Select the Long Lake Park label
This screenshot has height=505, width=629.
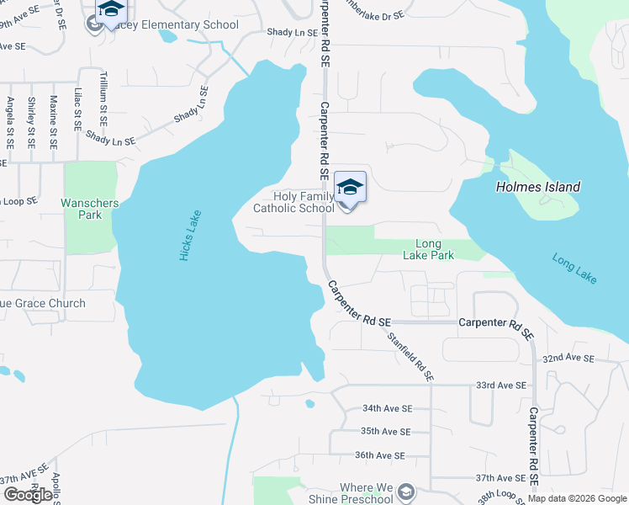(x=428, y=249)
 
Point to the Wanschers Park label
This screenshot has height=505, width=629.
(x=90, y=209)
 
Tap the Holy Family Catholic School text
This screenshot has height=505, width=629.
(x=294, y=202)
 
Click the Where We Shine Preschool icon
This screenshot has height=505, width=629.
(x=406, y=491)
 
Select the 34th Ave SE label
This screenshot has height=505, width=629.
(x=387, y=408)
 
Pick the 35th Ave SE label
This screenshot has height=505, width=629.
(x=385, y=432)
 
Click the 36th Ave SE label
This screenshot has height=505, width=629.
(x=380, y=455)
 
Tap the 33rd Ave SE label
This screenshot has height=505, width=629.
(x=501, y=385)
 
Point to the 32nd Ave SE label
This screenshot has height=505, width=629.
(x=568, y=358)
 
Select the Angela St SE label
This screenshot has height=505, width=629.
(x=10, y=122)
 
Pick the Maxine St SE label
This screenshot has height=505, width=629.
(x=53, y=122)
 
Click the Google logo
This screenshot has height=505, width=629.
(x=28, y=495)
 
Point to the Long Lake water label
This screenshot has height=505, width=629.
(x=574, y=268)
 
